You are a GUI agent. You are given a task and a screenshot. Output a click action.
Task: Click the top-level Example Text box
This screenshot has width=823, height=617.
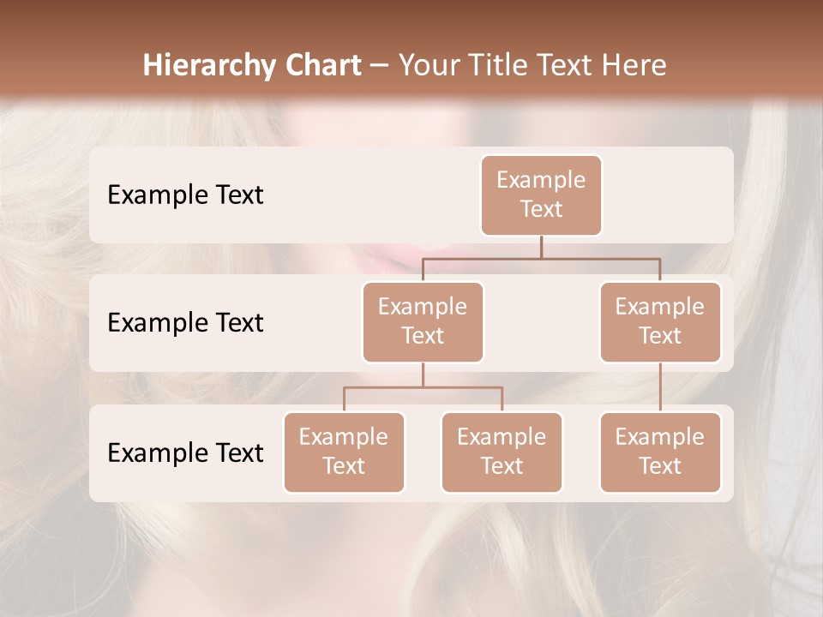(541, 195)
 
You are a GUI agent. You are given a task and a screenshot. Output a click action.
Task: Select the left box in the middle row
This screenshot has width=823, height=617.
(423, 321)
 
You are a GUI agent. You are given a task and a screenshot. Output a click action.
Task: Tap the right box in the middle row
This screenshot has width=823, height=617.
(660, 321)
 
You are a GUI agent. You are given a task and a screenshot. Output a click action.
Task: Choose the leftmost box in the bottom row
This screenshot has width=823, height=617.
(344, 452)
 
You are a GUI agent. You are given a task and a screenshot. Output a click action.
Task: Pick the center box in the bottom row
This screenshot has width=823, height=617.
(502, 452)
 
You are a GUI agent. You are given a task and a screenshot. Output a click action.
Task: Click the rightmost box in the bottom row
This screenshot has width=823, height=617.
(660, 452)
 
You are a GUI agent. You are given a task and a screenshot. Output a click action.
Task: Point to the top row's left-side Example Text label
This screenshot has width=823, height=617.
(185, 195)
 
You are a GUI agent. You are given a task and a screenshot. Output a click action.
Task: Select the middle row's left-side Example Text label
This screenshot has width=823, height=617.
(185, 323)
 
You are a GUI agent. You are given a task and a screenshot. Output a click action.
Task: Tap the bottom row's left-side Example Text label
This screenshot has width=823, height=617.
(185, 452)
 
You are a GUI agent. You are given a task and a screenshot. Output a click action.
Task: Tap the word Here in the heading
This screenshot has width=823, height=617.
(636, 65)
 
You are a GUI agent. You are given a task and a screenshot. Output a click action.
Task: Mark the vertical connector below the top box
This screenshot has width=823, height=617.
(541, 247)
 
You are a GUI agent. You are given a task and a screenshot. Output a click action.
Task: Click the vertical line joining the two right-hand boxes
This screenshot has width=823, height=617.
(660, 387)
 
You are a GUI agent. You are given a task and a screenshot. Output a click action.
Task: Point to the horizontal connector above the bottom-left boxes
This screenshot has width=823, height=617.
(423, 387)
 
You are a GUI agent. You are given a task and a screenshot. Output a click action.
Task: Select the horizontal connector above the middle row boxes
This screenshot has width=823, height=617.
(541, 257)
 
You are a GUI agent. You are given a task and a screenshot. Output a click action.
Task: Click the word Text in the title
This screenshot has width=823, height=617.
(568, 65)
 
